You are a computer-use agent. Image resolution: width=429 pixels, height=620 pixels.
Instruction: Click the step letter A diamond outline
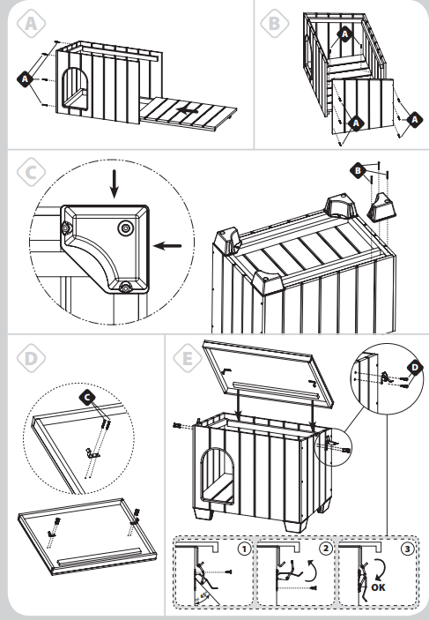[x=31, y=23]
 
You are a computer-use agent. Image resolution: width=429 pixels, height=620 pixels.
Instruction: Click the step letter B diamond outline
[x=275, y=23]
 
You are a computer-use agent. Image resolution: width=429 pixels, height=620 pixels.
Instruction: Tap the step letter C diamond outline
[x=31, y=172]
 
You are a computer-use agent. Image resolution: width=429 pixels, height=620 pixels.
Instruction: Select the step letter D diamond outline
[x=31, y=358]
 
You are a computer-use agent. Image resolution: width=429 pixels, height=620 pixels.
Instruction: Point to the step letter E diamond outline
[x=188, y=358]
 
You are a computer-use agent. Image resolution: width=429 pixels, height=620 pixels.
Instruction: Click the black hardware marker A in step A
[x=25, y=79]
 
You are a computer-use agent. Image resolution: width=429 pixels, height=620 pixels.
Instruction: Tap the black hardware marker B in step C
[x=358, y=171]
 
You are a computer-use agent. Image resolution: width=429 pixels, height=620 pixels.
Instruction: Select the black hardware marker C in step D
[x=87, y=398]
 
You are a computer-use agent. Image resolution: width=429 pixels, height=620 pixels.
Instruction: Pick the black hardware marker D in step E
[x=415, y=368]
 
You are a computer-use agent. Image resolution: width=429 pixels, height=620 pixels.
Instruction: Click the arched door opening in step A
[x=74, y=88]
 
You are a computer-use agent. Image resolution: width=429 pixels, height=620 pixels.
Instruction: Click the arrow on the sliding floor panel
[x=188, y=111]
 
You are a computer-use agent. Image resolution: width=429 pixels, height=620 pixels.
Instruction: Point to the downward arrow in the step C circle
[x=115, y=183]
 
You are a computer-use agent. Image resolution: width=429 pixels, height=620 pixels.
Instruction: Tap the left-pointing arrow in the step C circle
[x=167, y=246]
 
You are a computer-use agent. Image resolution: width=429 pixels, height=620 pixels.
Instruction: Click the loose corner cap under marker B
[x=381, y=205]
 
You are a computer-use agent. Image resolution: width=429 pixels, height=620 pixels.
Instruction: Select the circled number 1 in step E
[x=245, y=549]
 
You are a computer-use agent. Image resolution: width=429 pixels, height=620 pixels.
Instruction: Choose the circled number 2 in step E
[x=326, y=549]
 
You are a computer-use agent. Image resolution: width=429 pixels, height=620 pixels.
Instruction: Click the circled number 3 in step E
[x=407, y=549]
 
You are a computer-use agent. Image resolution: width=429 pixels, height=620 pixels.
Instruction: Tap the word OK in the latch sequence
[x=378, y=587]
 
